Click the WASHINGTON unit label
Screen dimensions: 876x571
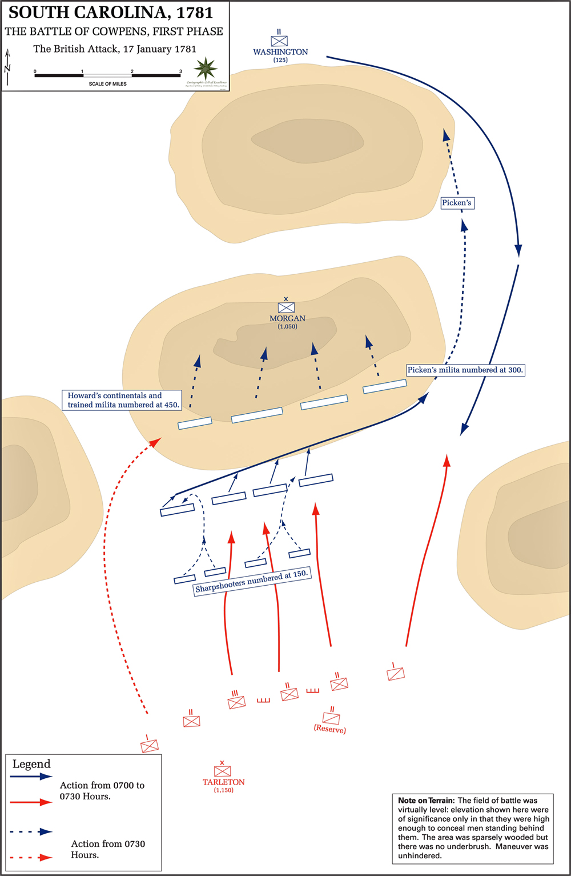(x=280, y=52)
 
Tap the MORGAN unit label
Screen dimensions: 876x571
(x=287, y=318)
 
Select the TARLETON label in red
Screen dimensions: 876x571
(x=223, y=782)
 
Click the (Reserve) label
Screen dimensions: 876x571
(x=329, y=730)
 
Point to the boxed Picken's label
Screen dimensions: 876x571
(x=457, y=203)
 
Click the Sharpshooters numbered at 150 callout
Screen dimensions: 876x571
(x=252, y=582)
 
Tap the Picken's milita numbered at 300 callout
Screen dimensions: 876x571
(x=465, y=370)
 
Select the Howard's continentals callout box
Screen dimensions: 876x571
(x=122, y=400)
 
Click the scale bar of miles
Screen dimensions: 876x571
(x=108, y=75)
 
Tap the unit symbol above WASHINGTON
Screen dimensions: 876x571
(x=279, y=41)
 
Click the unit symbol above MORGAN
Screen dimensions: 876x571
(x=286, y=307)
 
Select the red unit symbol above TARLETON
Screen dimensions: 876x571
(x=222, y=770)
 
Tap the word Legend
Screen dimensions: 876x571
(x=31, y=764)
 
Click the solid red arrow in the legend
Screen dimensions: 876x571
(x=31, y=802)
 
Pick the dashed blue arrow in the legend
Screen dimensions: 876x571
(x=31, y=832)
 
